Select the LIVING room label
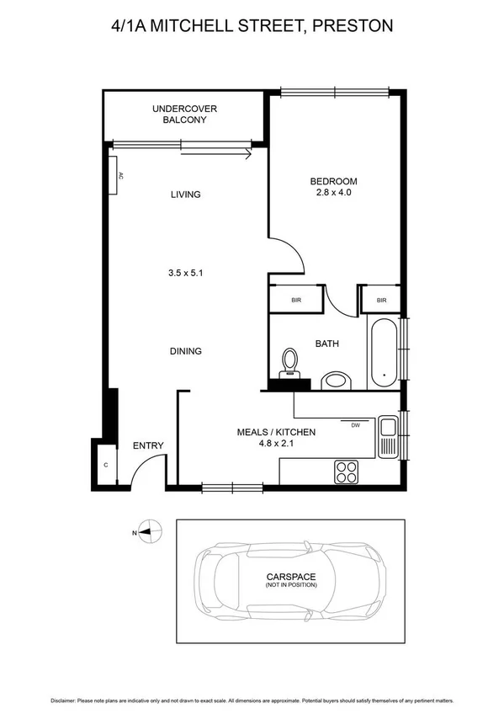tap(185, 194)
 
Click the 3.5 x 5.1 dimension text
tap(185, 273)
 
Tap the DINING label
tap(185, 351)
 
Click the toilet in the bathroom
tap(290, 362)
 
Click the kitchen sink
tap(387, 437)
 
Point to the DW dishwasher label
tap(355, 425)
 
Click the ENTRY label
tap(148, 446)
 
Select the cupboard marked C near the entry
tap(105, 465)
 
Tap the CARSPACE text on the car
tap(290, 577)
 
